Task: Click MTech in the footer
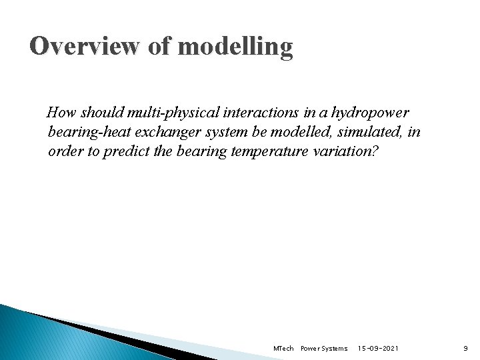283,349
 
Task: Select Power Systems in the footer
324,349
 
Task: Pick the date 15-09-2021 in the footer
379,349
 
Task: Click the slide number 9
466,349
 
